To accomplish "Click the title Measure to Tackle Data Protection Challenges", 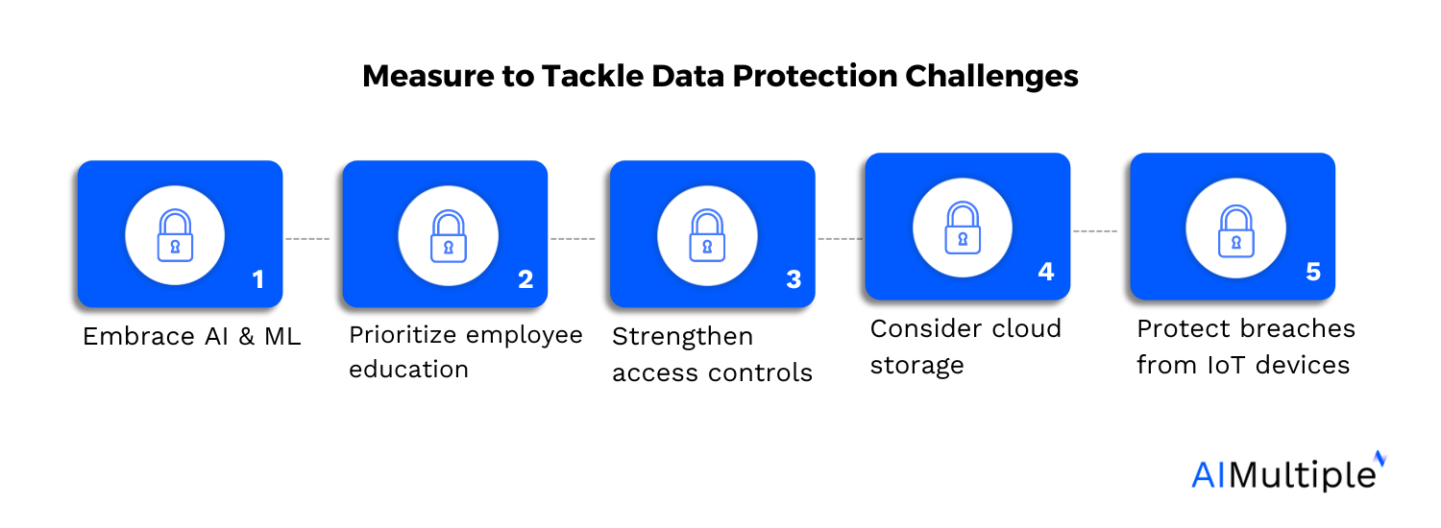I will (x=720, y=77).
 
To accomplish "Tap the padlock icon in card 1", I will (x=175, y=235).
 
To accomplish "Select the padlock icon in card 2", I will (x=448, y=236).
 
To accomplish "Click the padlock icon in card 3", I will (x=707, y=236).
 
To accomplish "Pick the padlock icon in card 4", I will (x=962, y=228).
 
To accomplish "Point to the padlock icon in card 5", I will (x=1235, y=230).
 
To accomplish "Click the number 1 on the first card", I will (x=256, y=279).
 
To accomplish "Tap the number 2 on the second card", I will (x=525, y=279).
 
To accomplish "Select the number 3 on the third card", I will (x=793, y=279).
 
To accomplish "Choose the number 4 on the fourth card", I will (x=1046, y=272).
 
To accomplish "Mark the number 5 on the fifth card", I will (x=1313, y=272).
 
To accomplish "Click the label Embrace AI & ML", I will (x=191, y=336).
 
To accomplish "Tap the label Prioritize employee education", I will (x=465, y=351).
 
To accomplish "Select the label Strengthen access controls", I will (x=712, y=354).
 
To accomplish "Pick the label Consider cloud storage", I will (x=965, y=346).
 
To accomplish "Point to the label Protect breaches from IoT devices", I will (x=1245, y=347).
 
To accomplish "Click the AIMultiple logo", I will (x=1287, y=473).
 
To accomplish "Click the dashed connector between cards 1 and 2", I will (x=307, y=238).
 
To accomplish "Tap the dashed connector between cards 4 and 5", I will (x=1095, y=231).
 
